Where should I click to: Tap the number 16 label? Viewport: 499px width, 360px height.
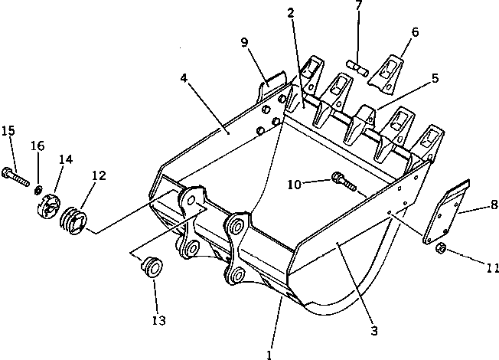(38, 146)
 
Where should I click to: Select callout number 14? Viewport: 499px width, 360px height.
(67, 159)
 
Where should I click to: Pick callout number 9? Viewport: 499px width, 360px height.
(244, 43)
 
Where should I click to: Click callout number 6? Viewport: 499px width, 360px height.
(415, 32)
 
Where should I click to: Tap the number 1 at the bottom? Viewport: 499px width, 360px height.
(269, 354)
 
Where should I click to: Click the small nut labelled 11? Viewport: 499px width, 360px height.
(442, 248)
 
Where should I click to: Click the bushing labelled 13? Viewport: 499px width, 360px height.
(152, 266)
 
